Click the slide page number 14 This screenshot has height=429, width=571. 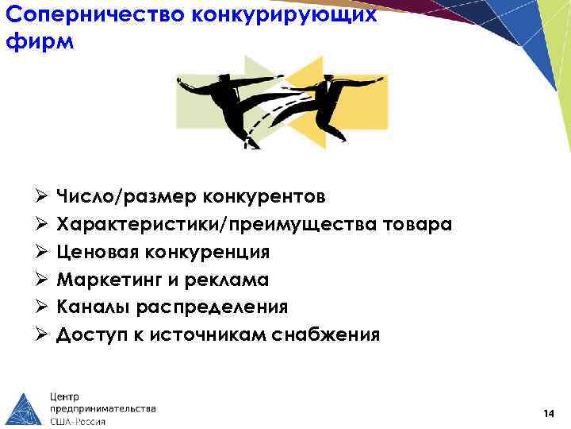pos(548,414)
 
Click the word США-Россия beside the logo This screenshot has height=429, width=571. pos(78,421)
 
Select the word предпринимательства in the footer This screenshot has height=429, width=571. pos(102,408)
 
